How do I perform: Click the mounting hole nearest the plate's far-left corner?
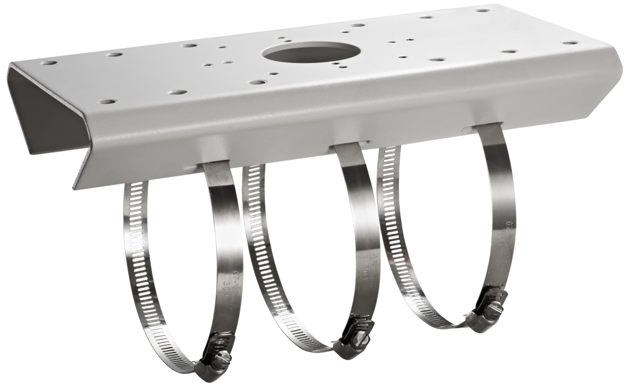coord(50,63)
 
